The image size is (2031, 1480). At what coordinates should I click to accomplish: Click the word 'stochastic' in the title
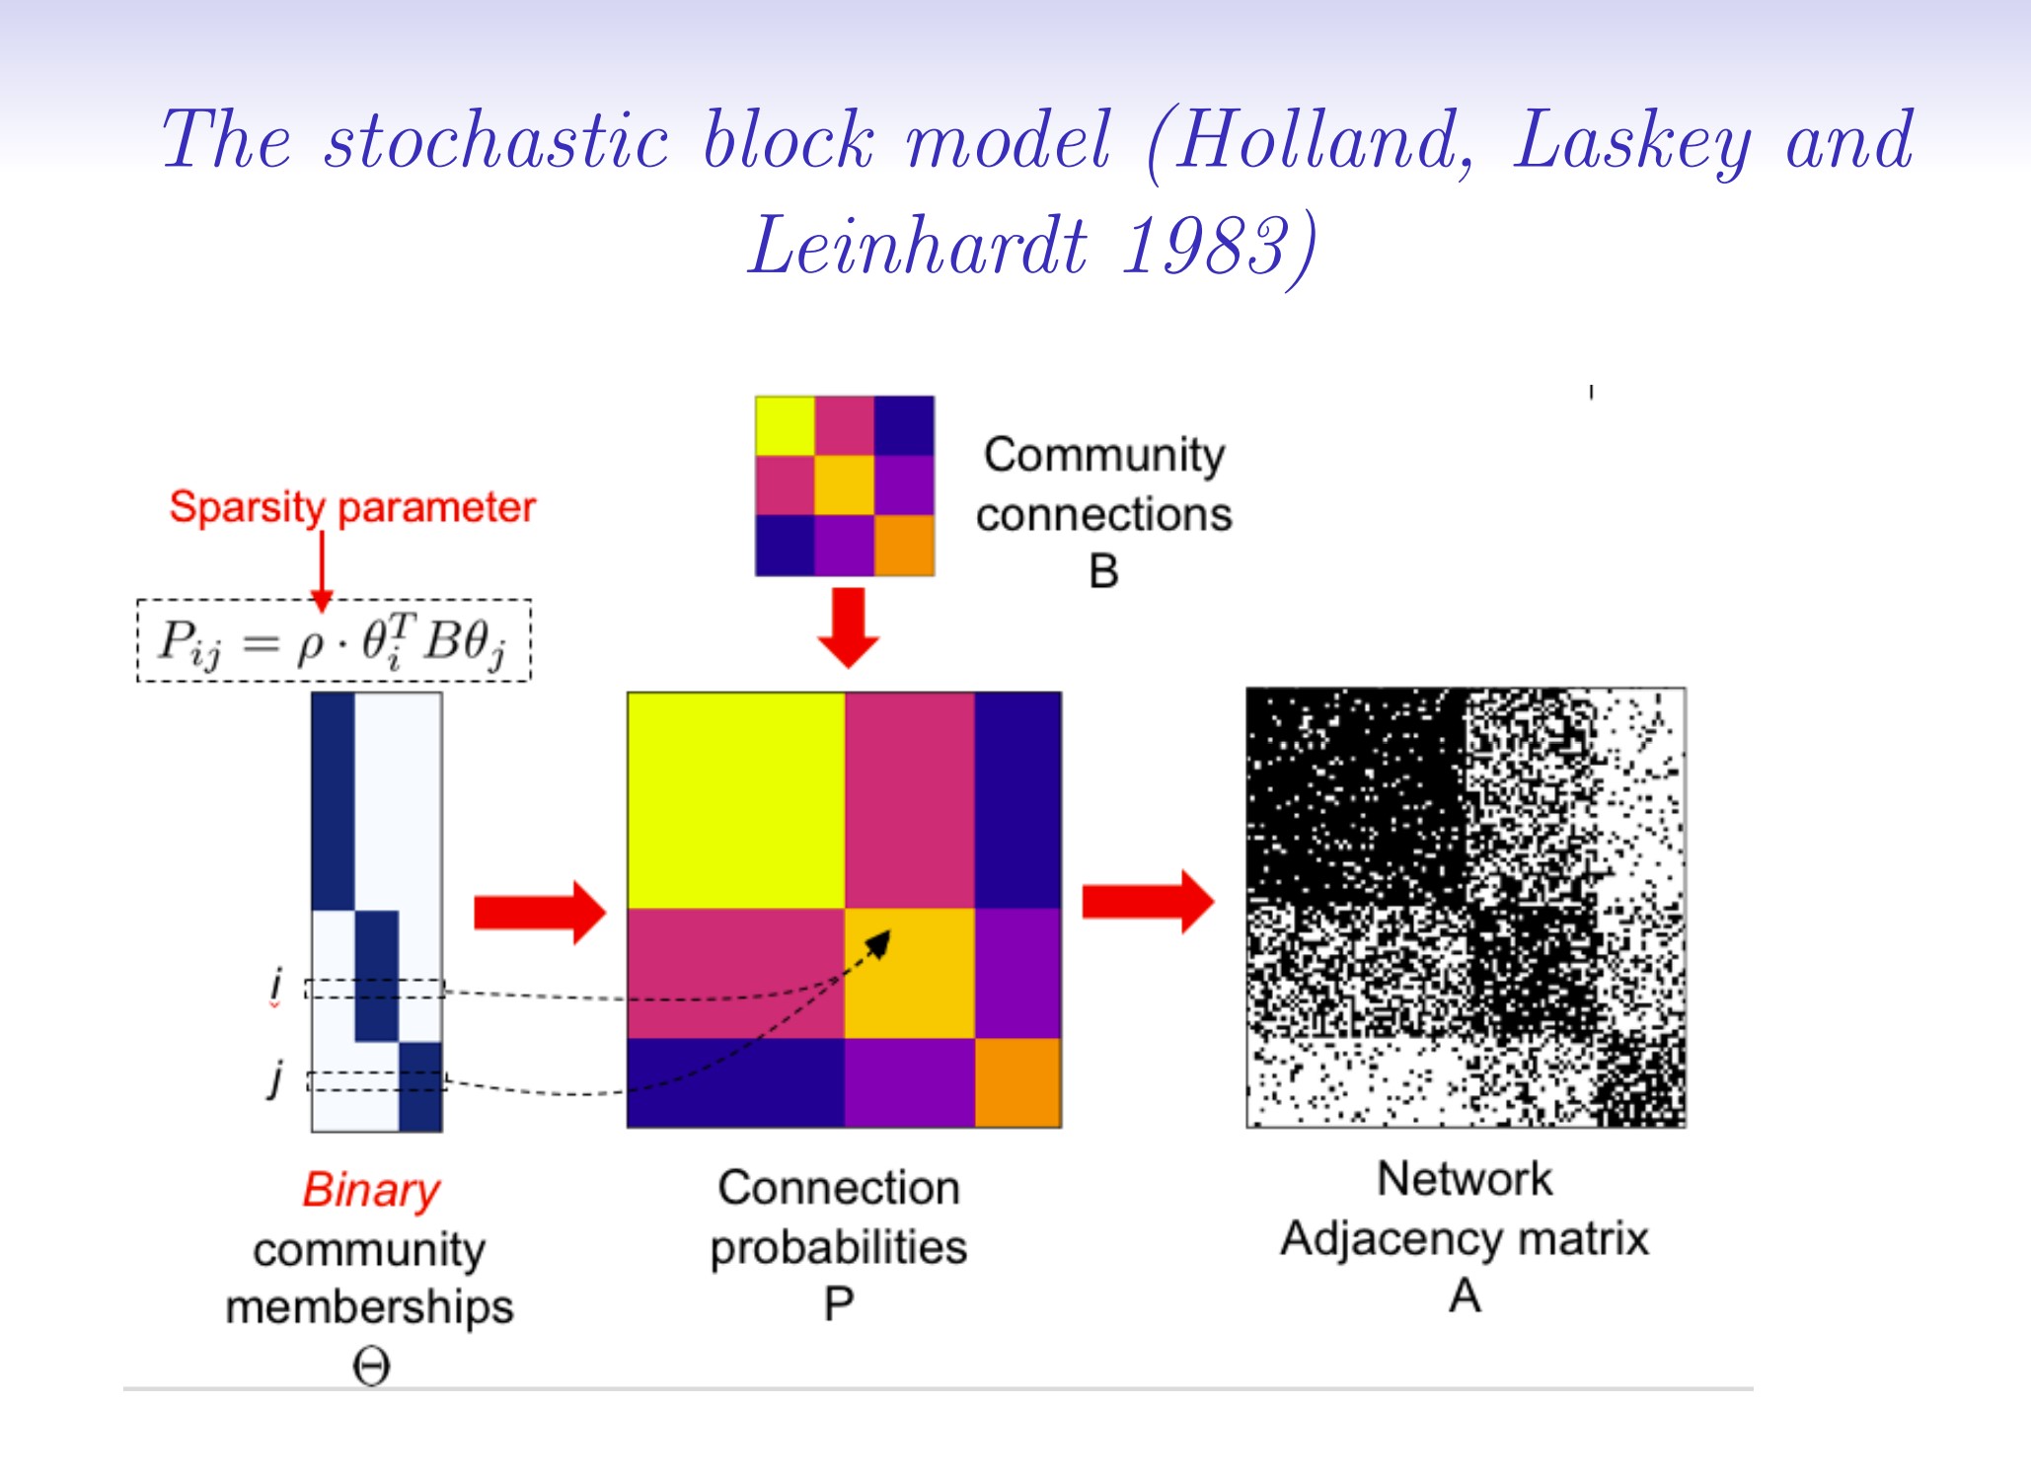pyautogui.click(x=497, y=140)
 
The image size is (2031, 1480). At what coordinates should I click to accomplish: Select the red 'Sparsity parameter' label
pyautogui.click(x=352, y=507)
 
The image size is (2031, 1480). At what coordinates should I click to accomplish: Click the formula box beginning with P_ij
pyautogui.click(x=334, y=640)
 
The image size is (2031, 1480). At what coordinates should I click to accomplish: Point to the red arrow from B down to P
pyautogui.click(x=848, y=628)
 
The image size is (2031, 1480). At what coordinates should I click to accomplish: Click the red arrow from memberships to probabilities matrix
pyautogui.click(x=539, y=912)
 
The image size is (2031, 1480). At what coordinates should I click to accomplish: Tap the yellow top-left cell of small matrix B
pyautogui.click(x=785, y=425)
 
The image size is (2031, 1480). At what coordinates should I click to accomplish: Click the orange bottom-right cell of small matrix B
pyautogui.click(x=904, y=546)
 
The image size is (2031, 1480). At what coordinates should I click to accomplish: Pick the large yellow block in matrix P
pyautogui.click(x=736, y=799)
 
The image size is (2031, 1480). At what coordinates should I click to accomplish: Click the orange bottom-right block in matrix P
pyautogui.click(x=1017, y=1082)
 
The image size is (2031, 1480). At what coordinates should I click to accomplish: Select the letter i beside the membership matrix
pyautogui.click(x=276, y=985)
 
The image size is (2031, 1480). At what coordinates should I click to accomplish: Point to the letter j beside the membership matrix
pyautogui.click(x=277, y=1076)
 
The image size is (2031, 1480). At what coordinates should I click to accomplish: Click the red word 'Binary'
pyautogui.click(x=371, y=1190)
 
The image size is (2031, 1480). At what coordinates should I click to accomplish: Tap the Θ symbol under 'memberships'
pyautogui.click(x=371, y=1367)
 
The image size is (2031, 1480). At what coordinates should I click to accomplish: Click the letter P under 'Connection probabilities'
pyautogui.click(x=839, y=1304)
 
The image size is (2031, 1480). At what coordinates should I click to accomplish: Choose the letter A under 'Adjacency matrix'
pyautogui.click(x=1465, y=1295)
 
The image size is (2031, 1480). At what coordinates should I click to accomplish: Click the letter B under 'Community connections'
pyautogui.click(x=1103, y=571)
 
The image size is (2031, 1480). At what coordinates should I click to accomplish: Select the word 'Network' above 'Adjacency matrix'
pyautogui.click(x=1465, y=1179)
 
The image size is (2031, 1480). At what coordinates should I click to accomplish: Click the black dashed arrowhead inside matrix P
pyautogui.click(x=879, y=943)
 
